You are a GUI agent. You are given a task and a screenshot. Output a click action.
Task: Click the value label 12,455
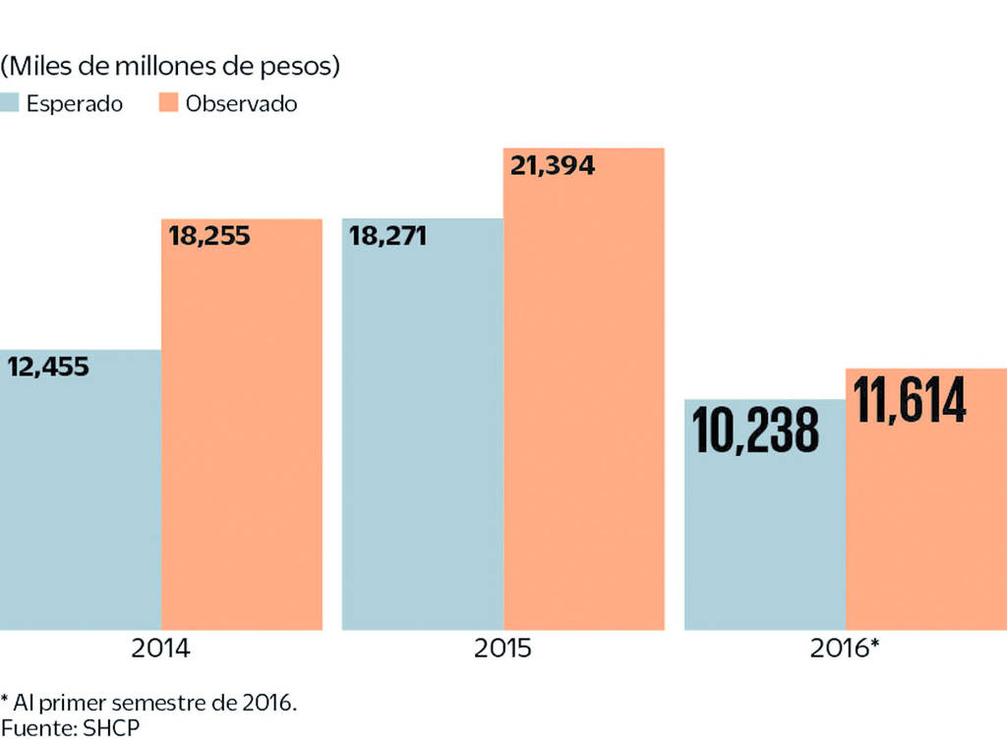[48, 368]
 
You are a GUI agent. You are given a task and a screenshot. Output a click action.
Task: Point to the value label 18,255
[209, 236]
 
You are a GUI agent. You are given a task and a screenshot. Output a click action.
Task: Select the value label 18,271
[385, 236]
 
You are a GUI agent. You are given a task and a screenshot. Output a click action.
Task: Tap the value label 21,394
[552, 165]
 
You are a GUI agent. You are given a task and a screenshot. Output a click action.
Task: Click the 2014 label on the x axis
[160, 650]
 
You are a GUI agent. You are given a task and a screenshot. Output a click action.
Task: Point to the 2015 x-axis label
[503, 650]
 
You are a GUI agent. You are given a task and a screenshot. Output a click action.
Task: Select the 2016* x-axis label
[845, 650]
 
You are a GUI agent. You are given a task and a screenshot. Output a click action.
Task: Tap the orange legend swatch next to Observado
[169, 102]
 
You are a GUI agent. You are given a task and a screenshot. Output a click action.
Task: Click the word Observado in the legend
[241, 103]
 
